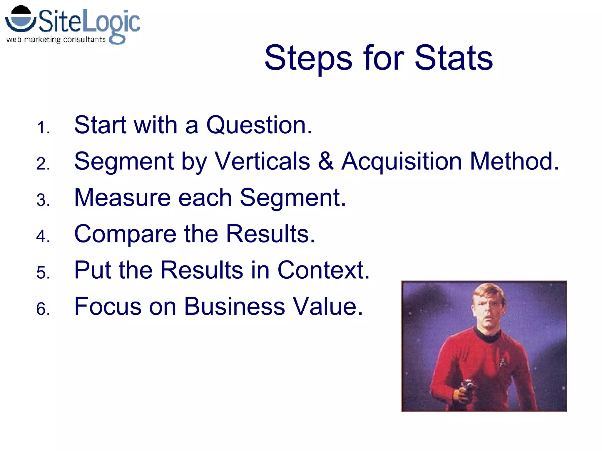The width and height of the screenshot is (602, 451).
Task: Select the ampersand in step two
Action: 326,161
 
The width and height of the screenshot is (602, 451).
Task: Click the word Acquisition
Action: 402,162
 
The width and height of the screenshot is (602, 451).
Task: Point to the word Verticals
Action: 262,161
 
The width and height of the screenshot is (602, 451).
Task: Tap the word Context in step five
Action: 323,270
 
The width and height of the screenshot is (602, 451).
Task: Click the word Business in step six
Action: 234,307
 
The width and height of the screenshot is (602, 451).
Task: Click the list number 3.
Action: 43,200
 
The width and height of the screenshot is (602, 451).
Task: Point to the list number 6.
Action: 43,309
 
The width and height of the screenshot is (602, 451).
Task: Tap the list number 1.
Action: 43,128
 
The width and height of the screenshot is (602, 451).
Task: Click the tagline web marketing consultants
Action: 56,39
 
